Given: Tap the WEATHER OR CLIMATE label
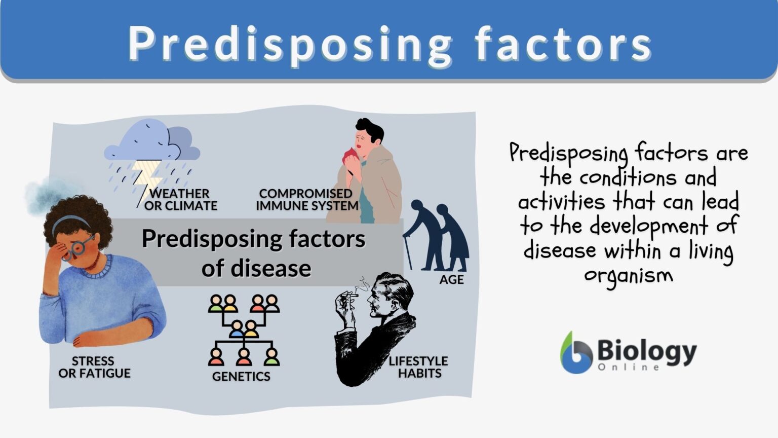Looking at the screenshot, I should [x=180, y=200].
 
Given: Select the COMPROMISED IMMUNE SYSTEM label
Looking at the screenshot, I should [x=306, y=200].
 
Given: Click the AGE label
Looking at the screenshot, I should [x=451, y=279].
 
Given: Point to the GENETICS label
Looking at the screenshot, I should [x=241, y=376].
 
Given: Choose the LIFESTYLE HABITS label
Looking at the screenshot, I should [x=418, y=367].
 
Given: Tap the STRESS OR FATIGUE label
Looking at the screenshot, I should [x=94, y=367].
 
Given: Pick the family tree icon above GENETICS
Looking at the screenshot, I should [x=244, y=330].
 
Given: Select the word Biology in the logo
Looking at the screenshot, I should [x=647, y=350].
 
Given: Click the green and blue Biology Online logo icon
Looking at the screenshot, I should [x=576, y=353].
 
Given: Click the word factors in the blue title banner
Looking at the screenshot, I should [x=563, y=44].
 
